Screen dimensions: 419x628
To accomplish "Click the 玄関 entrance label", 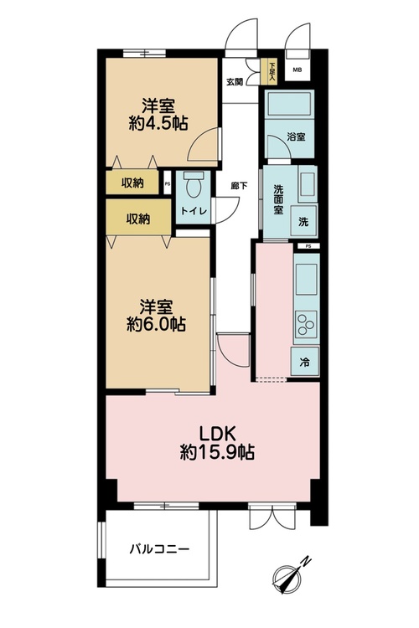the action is point(235,82).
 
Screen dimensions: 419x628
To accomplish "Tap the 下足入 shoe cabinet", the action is point(272,71).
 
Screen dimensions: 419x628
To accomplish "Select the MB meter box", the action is point(297,70).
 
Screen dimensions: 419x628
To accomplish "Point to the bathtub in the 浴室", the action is point(290,104).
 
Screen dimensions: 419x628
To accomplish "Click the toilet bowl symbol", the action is point(194,186).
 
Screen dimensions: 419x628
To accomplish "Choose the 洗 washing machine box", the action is point(303,221).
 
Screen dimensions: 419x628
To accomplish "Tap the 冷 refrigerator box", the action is point(305,363).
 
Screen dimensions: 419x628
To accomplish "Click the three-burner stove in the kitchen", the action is point(306,323).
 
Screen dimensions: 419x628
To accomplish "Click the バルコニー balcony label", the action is point(159,548).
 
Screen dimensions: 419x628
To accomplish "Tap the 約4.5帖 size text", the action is point(158,123).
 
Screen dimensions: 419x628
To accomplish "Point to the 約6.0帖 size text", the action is point(156,324).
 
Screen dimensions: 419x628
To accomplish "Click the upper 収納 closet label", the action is point(132,183).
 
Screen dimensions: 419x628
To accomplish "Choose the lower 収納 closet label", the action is point(138,219).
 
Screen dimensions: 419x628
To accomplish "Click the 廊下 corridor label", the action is point(240,186).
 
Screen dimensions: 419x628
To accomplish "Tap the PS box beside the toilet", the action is point(168,183).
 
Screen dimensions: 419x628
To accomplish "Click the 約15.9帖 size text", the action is point(217,453).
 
